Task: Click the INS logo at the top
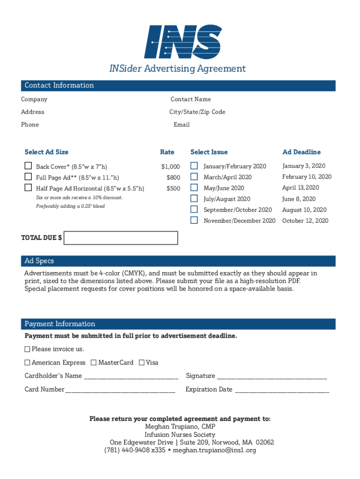pos(183,42)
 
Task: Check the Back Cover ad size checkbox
pos(29,166)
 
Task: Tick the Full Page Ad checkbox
pos(29,177)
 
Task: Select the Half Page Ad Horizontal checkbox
pos(29,188)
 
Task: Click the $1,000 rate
pos(170,167)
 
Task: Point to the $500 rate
pos(173,189)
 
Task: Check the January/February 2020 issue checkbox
pos(194,166)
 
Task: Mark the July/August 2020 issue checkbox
pos(194,199)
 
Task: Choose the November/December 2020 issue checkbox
pos(194,220)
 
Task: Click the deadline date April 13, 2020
pos(301,188)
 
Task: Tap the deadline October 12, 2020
pos(305,221)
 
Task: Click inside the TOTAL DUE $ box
pos(121,238)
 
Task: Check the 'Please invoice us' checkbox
pos(27,349)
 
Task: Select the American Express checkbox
pos(27,363)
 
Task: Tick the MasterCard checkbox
pos(94,363)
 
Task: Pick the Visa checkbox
pos(142,363)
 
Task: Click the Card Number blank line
pos(121,390)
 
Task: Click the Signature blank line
pos(272,377)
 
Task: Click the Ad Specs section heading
pos(39,261)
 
